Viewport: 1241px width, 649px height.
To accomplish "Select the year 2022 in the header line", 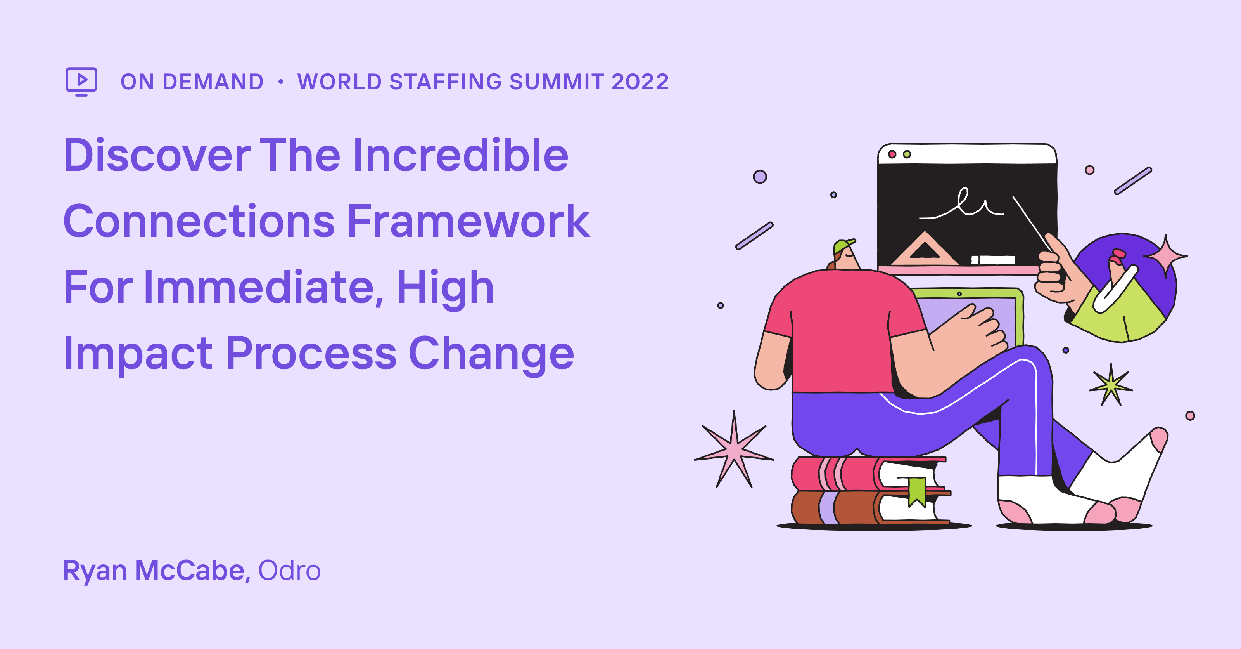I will tap(640, 82).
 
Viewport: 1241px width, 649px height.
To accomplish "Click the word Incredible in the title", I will tap(460, 155).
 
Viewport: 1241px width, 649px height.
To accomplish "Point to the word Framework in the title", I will tap(468, 221).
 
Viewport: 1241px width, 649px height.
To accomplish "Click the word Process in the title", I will tap(311, 354).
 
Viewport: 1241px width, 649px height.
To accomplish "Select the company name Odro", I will tap(289, 571).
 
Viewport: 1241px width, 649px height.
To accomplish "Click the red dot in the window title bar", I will tap(892, 154).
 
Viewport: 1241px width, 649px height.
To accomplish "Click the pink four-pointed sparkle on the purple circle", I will tap(1165, 257).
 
